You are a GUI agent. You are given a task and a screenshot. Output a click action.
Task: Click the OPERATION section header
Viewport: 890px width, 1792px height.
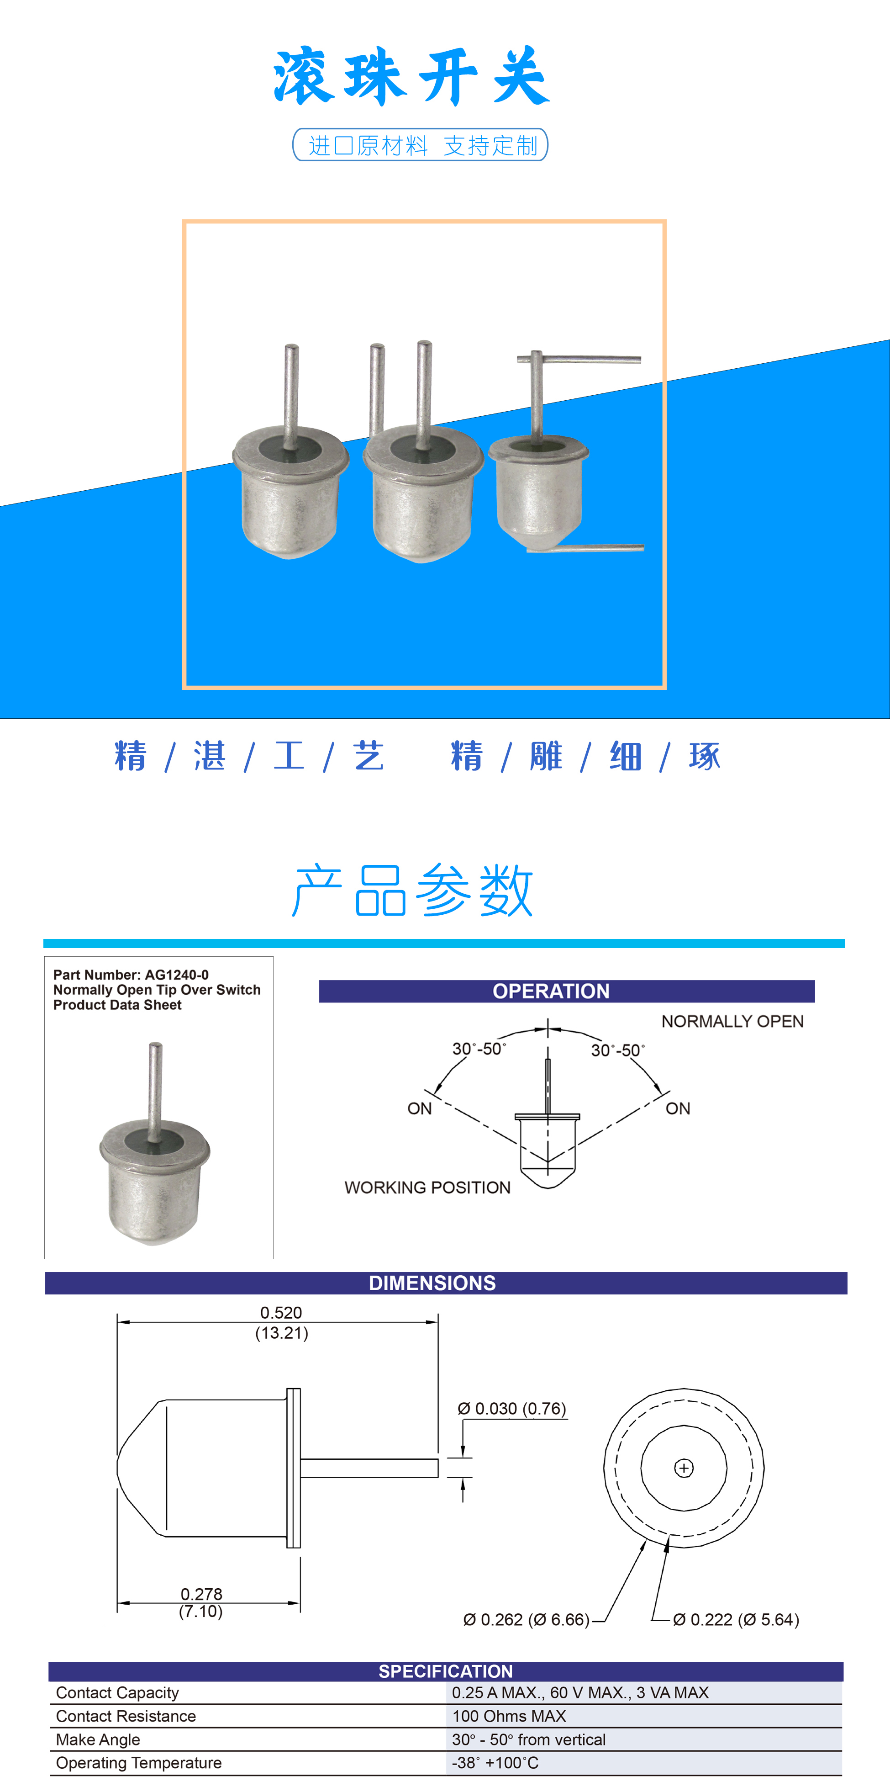coord(551,991)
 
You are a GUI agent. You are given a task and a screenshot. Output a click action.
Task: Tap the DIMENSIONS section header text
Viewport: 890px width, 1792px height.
coord(432,1283)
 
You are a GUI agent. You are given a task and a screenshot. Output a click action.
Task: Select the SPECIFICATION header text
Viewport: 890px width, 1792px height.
coord(446,1671)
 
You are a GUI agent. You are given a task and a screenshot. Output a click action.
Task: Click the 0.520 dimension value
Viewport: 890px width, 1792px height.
coord(281,1313)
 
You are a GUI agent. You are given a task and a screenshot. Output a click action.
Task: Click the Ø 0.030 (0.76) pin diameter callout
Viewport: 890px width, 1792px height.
coord(512,1409)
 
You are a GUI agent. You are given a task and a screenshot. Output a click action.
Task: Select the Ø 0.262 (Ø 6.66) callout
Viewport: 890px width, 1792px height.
coord(527,1619)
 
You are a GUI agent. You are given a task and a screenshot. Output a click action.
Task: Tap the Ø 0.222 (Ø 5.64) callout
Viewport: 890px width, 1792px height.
coord(736,1619)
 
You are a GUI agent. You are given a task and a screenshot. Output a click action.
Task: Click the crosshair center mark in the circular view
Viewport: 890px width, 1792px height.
coord(684,1468)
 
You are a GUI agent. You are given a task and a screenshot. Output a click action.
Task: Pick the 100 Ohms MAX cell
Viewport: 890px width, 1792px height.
coord(509,1716)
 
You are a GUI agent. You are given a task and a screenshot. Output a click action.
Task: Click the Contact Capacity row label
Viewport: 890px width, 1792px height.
coord(117,1692)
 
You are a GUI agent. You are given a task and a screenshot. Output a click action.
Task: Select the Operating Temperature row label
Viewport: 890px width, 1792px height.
coord(139,1763)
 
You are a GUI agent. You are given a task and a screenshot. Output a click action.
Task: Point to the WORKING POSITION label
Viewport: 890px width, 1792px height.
coord(427,1188)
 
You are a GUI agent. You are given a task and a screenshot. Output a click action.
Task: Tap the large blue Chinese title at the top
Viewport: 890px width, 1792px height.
coord(411,76)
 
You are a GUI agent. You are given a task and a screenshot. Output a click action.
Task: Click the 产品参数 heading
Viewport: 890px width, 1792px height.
coord(412,891)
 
